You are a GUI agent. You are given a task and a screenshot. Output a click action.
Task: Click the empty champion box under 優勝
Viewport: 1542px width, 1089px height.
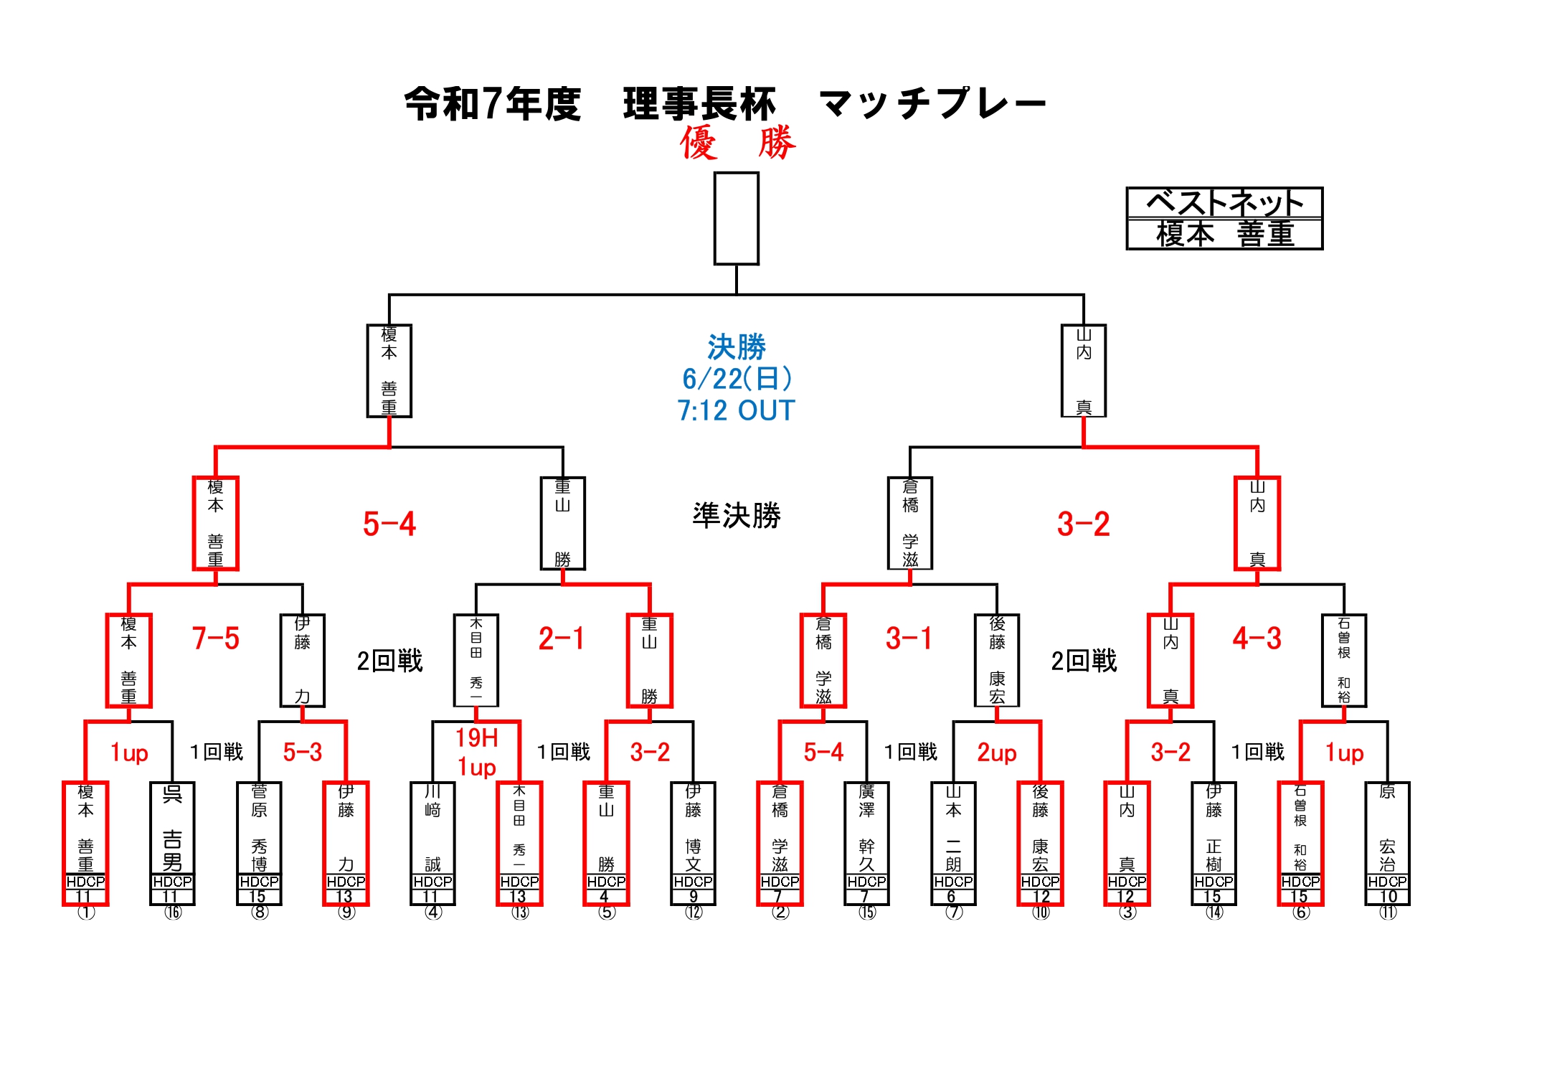coord(736,218)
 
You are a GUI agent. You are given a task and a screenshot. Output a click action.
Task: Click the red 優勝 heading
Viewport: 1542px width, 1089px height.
coord(737,142)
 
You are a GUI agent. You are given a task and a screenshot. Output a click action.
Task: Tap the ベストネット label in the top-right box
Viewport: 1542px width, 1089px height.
coord(1224,203)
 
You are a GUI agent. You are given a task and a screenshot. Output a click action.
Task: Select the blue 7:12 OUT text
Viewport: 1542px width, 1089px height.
coord(736,411)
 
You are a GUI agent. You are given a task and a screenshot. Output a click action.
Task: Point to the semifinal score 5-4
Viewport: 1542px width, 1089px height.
coord(389,524)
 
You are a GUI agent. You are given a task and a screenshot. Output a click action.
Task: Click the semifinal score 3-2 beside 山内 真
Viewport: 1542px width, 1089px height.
coord(1083,524)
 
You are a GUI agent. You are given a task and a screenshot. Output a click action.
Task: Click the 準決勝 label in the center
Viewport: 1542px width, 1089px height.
coord(737,516)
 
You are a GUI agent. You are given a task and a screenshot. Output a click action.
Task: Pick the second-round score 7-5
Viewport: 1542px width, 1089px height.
coord(215,638)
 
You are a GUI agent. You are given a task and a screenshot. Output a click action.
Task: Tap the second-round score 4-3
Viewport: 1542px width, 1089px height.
coord(1257,638)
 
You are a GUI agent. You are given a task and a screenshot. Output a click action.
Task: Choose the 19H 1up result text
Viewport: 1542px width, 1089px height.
coord(477,752)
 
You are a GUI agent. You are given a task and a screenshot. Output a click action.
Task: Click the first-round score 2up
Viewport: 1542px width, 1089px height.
coord(996,753)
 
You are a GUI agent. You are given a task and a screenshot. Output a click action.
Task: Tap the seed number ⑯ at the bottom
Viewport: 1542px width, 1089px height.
coord(173,913)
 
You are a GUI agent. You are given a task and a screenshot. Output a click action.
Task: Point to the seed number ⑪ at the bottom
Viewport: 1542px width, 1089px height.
coord(1388,913)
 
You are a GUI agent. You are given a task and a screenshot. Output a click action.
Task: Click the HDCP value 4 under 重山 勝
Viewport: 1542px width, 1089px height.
coord(605,897)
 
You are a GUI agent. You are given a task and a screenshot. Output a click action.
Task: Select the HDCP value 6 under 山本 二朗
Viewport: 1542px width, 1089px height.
coord(952,897)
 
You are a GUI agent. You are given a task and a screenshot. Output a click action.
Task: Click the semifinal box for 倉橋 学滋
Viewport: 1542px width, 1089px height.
coord(909,523)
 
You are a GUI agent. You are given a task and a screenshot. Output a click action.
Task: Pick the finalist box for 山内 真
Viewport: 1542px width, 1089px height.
coord(1083,371)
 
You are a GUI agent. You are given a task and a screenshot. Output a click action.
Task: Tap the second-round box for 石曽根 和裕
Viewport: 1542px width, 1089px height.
coord(1343,660)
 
